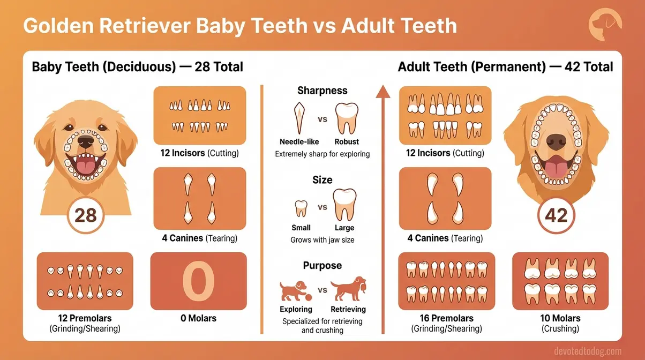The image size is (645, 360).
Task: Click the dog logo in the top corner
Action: (x=605, y=25)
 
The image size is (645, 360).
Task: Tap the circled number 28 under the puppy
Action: (x=85, y=215)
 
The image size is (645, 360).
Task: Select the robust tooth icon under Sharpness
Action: (x=346, y=118)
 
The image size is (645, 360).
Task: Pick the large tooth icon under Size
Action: (x=344, y=204)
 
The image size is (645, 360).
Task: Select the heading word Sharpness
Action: (x=322, y=91)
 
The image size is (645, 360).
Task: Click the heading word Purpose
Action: (x=322, y=266)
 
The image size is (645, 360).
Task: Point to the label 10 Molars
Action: (x=557, y=318)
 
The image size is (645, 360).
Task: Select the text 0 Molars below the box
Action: (x=198, y=318)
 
